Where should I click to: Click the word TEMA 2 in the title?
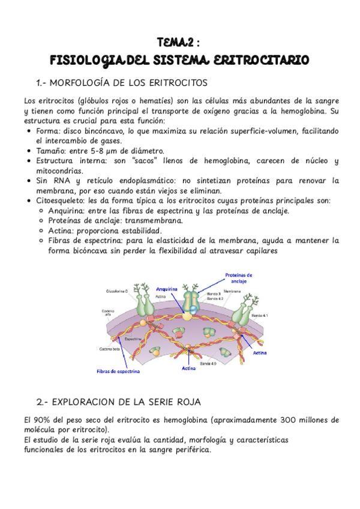click(174, 43)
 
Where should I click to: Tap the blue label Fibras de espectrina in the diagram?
click(118, 371)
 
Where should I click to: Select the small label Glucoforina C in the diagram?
click(118, 291)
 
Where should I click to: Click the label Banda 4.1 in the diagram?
click(259, 315)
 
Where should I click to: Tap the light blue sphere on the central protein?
click(188, 312)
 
